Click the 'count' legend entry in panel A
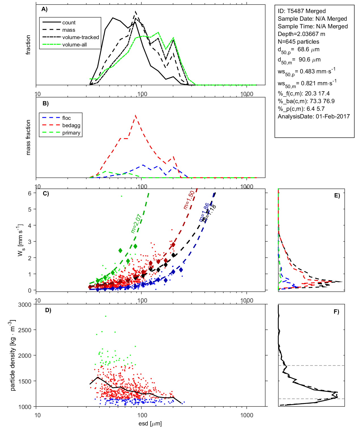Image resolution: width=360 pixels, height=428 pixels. (69, 23)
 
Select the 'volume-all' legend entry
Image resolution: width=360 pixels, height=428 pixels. (75, 45)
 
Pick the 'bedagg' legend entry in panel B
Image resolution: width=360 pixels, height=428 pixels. (71, 125)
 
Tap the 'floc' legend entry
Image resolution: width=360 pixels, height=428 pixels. (67, 118)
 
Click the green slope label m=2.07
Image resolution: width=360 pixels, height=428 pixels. (136, 224)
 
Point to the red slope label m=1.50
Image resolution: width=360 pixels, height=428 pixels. (189, 200)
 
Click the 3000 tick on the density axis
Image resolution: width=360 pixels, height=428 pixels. (25, 305)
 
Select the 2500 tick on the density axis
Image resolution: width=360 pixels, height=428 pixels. (25, 330)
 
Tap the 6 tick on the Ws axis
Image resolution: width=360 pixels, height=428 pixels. (29, 193)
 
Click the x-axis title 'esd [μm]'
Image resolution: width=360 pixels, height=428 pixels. (150, 424)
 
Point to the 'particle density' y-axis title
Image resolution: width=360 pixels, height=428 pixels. (13, 355)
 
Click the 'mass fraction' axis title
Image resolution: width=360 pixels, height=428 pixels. (28, 137)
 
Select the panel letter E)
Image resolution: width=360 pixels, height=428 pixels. (337, 195)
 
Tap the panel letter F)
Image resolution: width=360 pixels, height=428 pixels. (336, 312)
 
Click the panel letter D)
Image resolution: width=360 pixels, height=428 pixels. (48, 310)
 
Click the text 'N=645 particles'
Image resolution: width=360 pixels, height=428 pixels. (298, 42)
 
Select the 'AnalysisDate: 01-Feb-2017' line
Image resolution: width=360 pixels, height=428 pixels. (314, 116)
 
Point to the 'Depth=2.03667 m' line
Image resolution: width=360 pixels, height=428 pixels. (301, 34)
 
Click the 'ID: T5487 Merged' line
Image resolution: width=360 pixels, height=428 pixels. (302, 11)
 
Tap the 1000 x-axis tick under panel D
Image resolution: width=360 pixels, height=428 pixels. (247, 415)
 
